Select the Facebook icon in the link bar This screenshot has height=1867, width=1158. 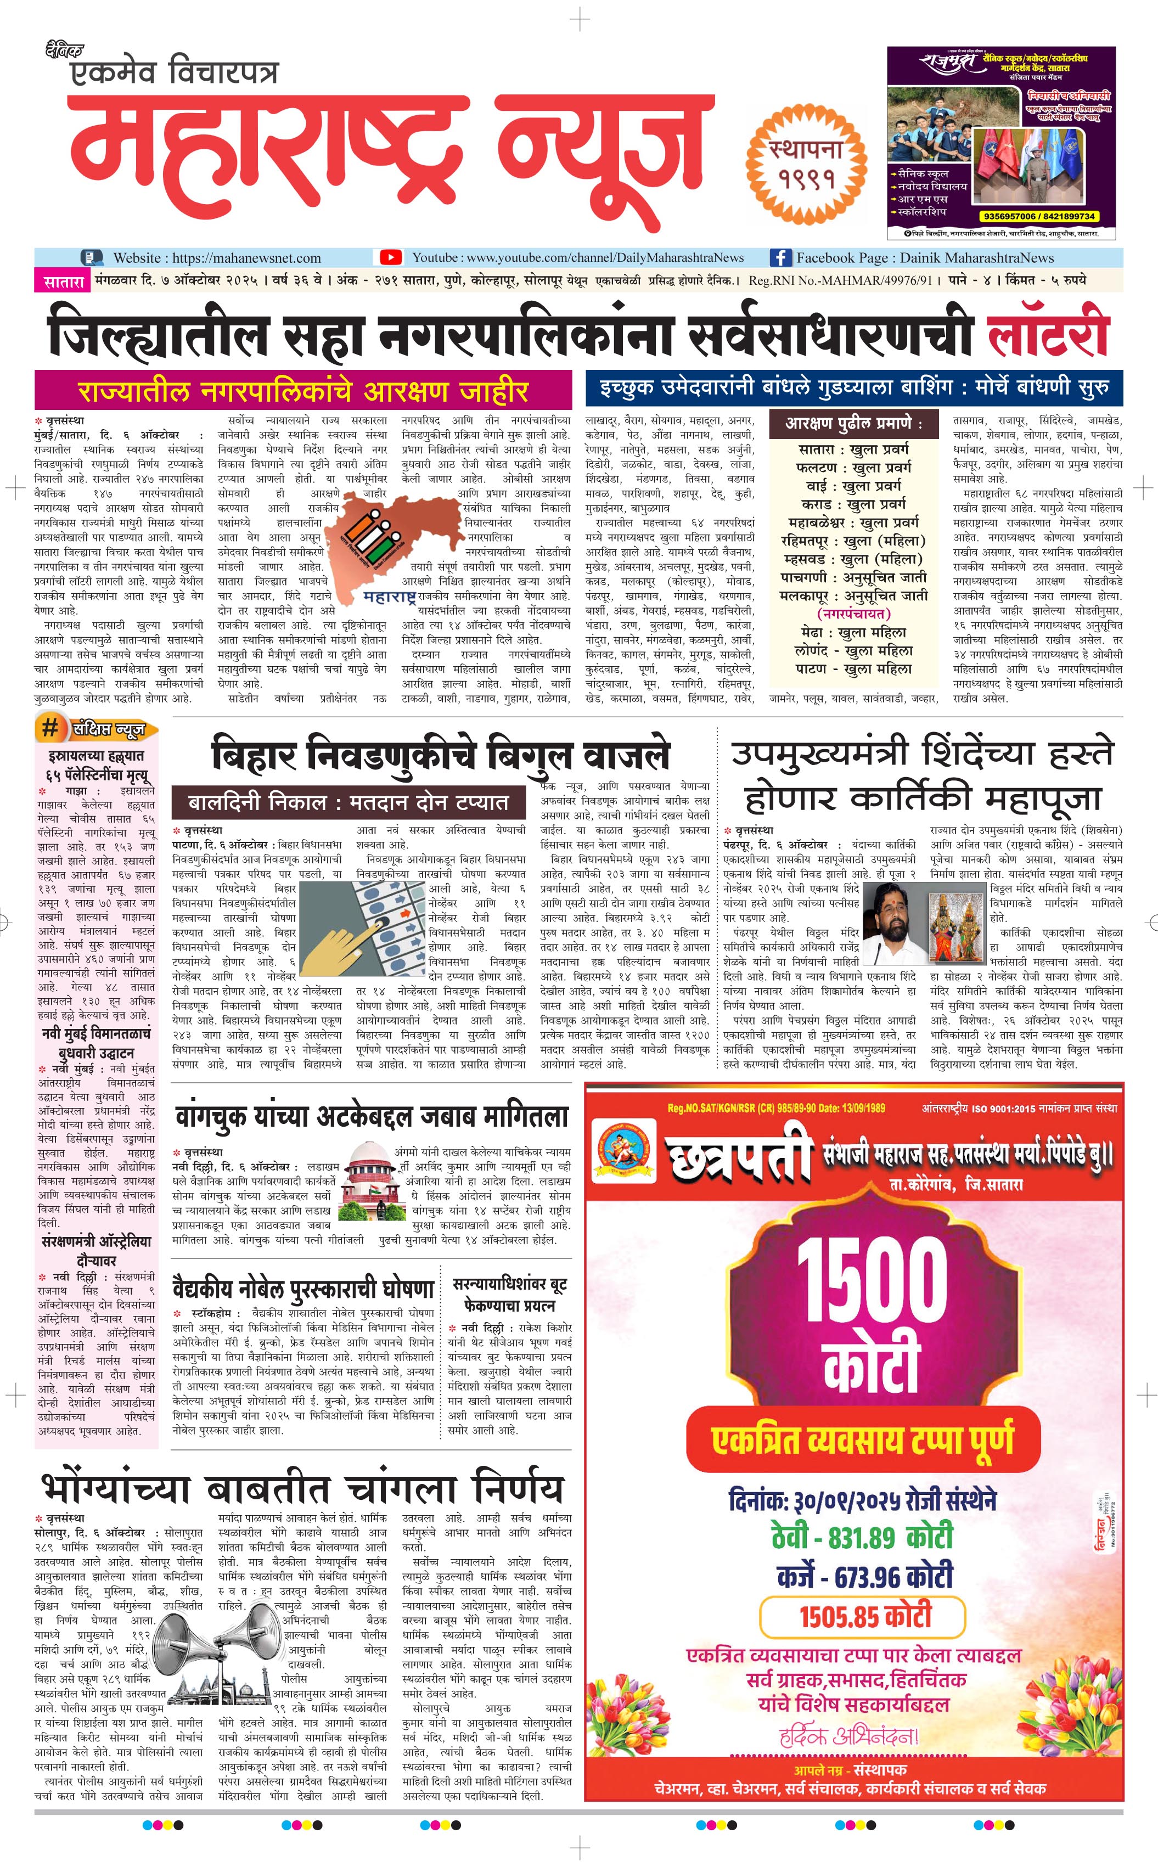(780, 257)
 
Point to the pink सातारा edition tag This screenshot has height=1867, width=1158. (63, 281)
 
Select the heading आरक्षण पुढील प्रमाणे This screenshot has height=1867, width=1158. (853, 424)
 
